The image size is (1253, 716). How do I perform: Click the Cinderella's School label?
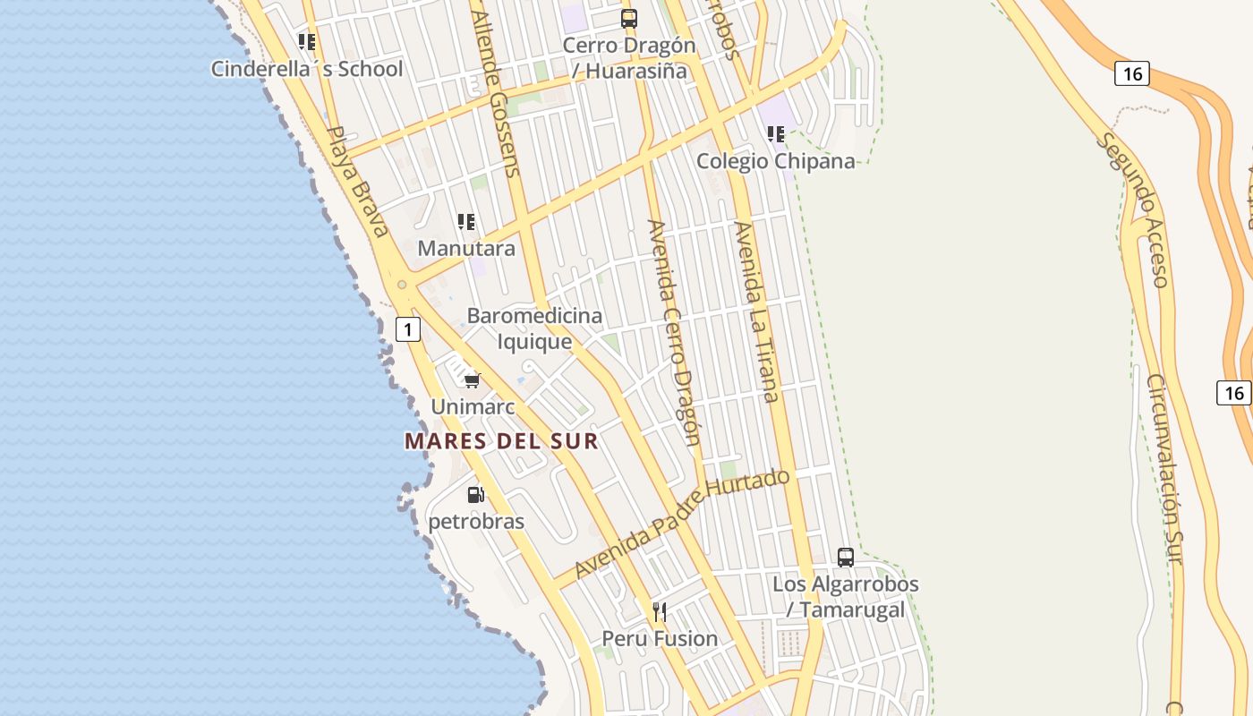click(x=307, y=69)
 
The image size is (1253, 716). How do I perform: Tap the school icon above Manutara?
click(x=466, y=221)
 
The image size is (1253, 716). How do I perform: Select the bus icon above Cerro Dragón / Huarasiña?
click(x=629, y=18)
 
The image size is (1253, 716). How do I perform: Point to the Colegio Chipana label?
click(x=775, y=161)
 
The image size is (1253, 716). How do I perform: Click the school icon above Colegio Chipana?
click(x=776, y=134)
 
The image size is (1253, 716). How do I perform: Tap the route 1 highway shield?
click(x=408, y=329)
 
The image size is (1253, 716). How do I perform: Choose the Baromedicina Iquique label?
click(x=534, y=328)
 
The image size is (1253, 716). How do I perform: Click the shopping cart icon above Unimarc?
click(x=473, y=380)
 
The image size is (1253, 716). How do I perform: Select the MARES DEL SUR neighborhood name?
click(x=501, y=441)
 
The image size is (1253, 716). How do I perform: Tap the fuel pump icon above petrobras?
click(x=476, y=494)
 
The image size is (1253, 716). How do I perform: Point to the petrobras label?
click(x=476, y=521)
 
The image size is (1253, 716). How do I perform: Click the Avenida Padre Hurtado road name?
click(x=683, y=523)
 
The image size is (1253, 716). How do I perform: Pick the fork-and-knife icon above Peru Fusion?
click(x=660, y=612)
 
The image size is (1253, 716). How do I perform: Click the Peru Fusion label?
click(x=660, y=638)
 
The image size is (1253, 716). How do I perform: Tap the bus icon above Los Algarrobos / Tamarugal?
click(x=846, y=558)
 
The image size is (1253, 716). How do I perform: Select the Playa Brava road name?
click(x=357, y=182)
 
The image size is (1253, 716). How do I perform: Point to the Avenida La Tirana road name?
click(x=756, y=311)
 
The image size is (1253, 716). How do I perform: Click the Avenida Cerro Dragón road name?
click(x=675, y=332)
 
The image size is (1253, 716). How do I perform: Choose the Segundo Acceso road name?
click(x=1134, y=210)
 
